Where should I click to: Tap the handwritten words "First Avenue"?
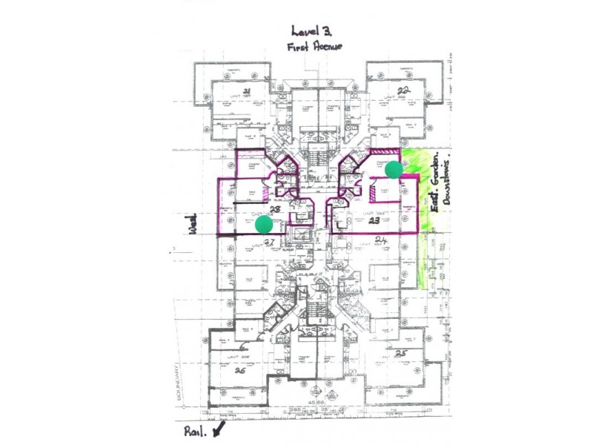(314, 47)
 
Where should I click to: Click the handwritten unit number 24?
(381, 240)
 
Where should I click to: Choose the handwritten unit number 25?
(401, 352)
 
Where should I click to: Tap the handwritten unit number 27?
(270, 242)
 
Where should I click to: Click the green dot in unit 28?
(263, 223)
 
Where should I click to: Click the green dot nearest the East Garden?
(394, 169)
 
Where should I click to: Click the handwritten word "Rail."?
(193, 431)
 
